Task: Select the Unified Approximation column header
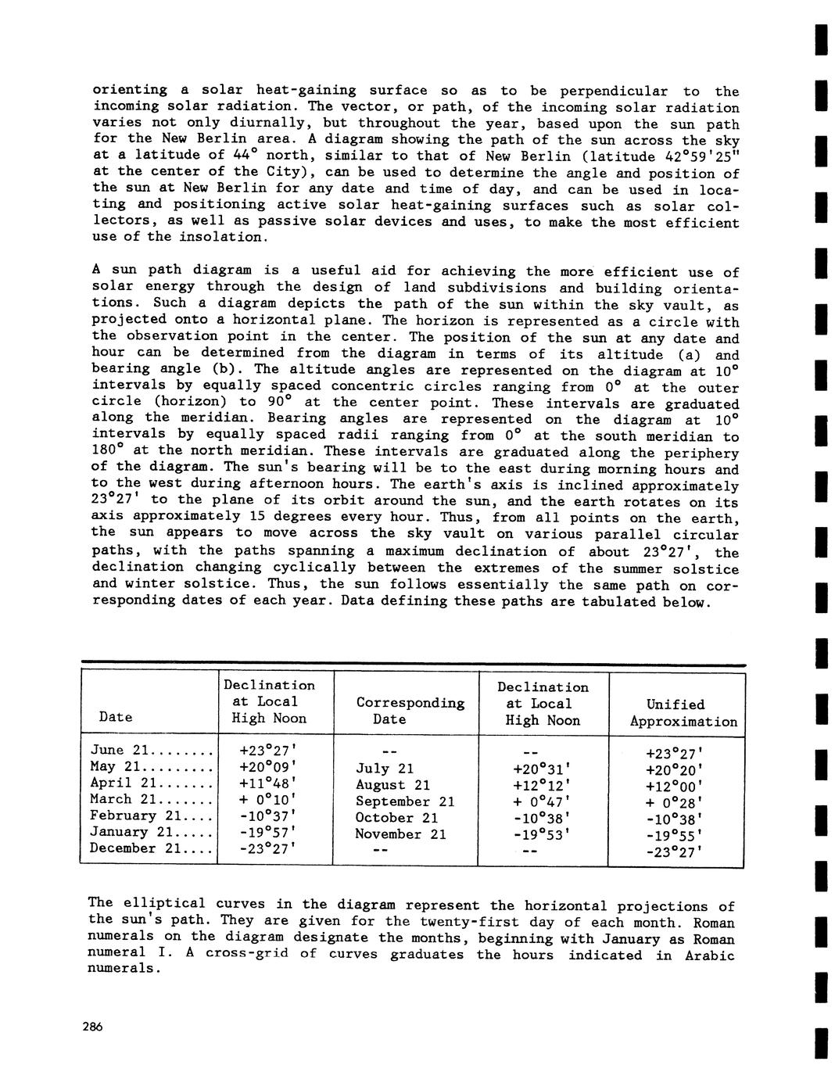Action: (683, 713)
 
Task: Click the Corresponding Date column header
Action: (410, 711)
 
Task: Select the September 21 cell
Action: (403, 801)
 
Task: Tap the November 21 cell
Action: (400, 834)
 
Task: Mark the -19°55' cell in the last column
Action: (674, 836)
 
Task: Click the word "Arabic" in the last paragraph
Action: (709, 955)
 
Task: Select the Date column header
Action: (116, 717)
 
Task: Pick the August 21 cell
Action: (392, 785)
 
